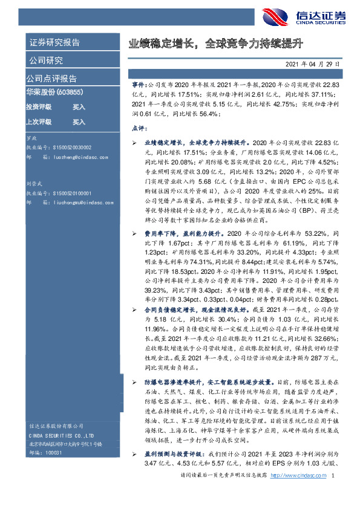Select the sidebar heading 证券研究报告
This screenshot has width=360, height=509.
tap(54, 42)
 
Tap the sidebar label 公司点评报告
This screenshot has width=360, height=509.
tap(51, 78)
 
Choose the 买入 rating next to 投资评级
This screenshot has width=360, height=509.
tap(79, 106)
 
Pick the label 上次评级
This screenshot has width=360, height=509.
tap(38, 122)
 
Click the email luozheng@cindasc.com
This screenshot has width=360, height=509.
tap(75, 157)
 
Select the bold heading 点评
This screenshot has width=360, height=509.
tap(139, 128)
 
